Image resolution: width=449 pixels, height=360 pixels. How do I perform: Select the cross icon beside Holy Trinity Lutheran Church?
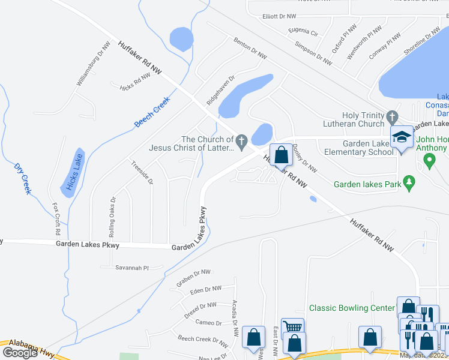coord(392,116)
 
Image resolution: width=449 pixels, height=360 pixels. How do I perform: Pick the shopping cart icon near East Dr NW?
coord(292,327)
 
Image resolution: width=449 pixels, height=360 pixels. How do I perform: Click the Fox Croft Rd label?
coord(56,219)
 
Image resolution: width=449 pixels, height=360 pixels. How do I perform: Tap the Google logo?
coord(19,353)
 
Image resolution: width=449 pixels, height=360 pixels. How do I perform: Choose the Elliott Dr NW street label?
coord(280,16)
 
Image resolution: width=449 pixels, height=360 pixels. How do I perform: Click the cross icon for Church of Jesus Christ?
coord(242,142)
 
